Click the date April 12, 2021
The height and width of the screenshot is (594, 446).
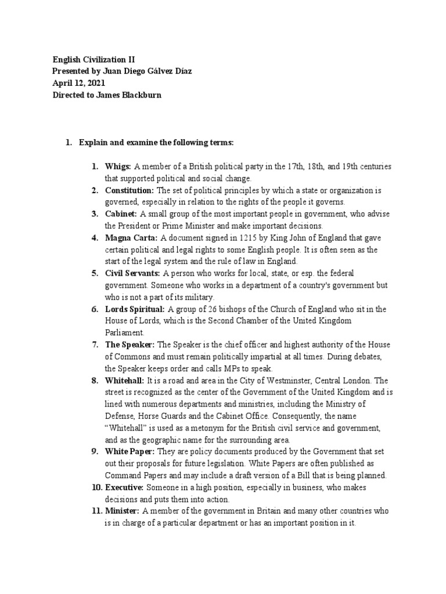78,83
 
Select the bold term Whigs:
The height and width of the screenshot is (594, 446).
118,166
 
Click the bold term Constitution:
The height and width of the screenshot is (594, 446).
130,190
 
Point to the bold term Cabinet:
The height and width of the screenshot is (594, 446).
120,214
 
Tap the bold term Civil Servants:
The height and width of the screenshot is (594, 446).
133,273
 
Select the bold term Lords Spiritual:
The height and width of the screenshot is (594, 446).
135,309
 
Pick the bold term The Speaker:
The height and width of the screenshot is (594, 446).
130,345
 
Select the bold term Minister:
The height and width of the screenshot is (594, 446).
122,511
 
